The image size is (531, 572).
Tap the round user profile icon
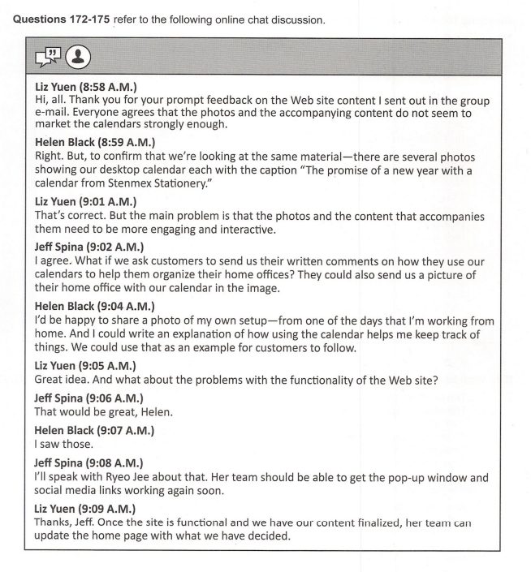[77, 57]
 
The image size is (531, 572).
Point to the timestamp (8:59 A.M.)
[128, 142]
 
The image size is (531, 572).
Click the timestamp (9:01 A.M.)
[109, 200]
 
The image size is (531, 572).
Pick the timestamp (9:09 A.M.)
[109, 509]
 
